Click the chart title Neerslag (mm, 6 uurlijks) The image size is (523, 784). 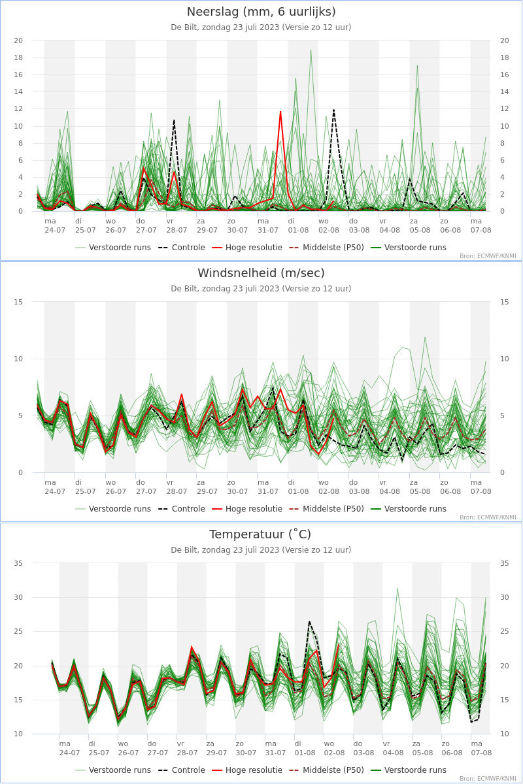click(x=261, y=12)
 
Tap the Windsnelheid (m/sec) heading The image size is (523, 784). click(x=261, y=273)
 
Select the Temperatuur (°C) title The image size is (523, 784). click(x=261, y=534)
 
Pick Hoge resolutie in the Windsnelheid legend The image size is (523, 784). click(x=253, y=509)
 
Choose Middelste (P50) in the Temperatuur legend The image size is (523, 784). click(x=333, y=770)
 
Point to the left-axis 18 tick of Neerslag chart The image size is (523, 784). click(x=18, y=57)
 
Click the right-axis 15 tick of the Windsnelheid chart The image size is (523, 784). click(x=504, y=302)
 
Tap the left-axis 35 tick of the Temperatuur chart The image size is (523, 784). click(x=18, y=563)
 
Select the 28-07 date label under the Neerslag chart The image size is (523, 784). click(x=177, y=230)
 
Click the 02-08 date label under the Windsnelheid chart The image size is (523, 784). click(x=329, y=491)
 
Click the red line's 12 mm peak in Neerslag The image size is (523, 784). click(x=280, y=111)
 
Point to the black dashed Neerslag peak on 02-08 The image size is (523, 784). click(x=333, y=110)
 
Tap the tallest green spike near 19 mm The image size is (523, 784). click(x=311, y=50)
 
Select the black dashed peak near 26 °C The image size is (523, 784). click(x=309, y=621)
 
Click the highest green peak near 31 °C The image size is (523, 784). click(x=397, y=588)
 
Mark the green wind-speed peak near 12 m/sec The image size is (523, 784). click(x=425, y=337)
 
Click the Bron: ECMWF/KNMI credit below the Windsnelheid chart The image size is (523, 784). click(x=487, y=517)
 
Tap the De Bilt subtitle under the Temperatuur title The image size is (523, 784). click(x=261, y=550)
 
